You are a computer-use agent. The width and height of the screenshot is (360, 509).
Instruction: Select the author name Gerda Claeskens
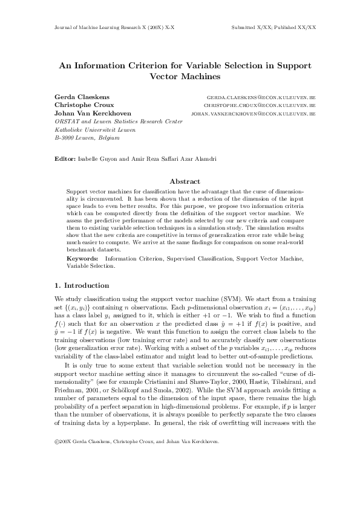point(74,97)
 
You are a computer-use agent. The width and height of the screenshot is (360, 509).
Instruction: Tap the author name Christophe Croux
point(76,105)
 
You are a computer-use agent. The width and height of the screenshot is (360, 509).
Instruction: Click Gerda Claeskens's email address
point(261,97)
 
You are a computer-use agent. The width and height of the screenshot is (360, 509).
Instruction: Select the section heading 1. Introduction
point(82,286)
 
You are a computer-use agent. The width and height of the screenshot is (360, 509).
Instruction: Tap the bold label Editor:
point(65,158)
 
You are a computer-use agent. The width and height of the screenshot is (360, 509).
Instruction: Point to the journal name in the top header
point(110,28)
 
